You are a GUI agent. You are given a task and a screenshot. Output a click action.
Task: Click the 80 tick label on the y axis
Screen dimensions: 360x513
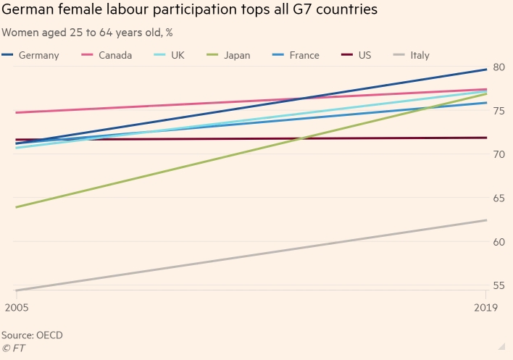[x=498, y=67]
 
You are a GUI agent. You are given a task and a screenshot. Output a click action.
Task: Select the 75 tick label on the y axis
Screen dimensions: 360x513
[x=498, y=111]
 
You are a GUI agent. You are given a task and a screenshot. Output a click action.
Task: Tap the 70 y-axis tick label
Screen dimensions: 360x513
[x=498, y=154]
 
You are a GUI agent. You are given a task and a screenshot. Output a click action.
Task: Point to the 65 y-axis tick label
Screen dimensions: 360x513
[x=498, y=198]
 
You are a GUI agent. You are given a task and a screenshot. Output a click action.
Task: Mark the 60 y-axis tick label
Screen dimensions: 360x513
[x=498, y=241]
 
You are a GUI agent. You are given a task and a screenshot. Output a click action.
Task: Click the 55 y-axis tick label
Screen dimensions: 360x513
[x=498, y=285]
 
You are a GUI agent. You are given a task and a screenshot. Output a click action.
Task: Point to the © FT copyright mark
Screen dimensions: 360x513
[x=14, y=348]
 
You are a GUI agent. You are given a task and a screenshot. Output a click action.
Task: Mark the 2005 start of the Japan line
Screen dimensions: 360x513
[x=16, y=207]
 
